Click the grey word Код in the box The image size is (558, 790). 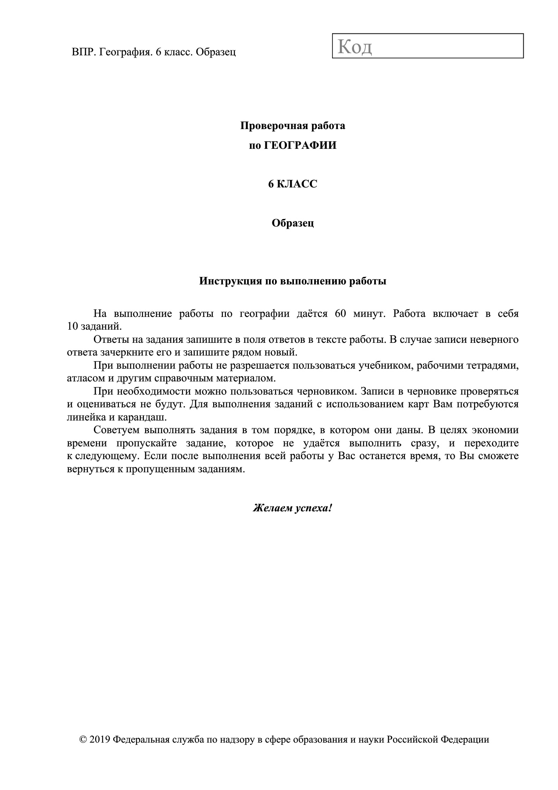click(355, 47)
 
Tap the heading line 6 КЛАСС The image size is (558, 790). click(293, 184)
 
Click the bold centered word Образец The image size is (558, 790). click(293, 223)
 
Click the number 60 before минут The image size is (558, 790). click(340, 314)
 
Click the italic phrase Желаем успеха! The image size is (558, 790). click(293, 508)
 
